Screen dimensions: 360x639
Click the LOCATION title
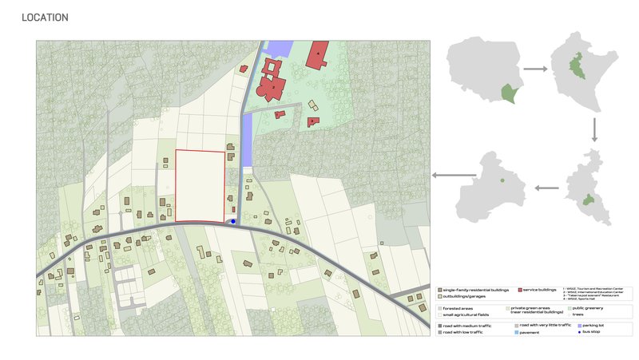point(46,18)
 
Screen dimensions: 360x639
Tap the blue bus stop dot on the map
point(233,221)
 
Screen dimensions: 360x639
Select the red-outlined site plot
point(200,185)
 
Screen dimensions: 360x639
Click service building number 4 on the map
point(319,53)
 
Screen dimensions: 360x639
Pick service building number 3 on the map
point(280,115)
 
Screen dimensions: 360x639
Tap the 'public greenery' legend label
point(586,308)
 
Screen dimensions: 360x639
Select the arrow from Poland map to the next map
point(534,69)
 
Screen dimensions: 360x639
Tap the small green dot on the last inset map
point(502,181)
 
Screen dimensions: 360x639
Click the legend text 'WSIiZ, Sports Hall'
point(581,298)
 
